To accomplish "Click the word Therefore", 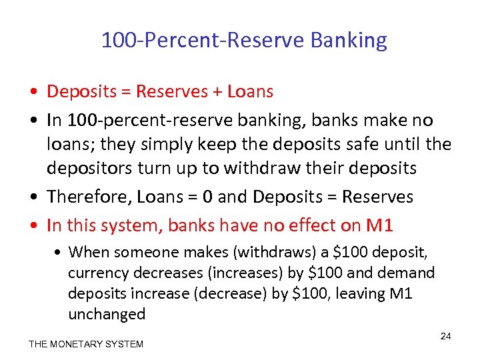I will [83, 197].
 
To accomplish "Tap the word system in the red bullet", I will [131, 225].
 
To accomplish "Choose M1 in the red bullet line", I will [379, 225].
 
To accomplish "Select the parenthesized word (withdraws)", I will [257, 252].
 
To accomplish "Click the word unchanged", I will [107, 314].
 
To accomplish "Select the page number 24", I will [445, 336].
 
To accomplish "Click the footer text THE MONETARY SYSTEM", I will [86, 344].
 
